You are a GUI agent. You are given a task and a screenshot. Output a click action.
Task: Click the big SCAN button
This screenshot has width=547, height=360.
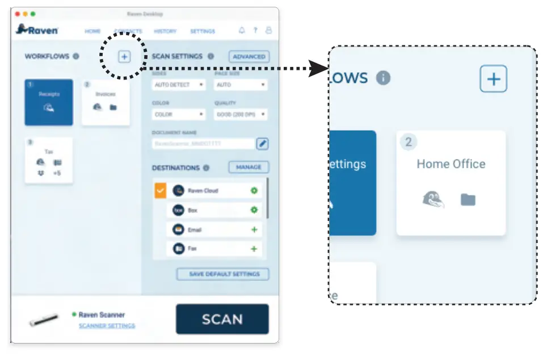222,319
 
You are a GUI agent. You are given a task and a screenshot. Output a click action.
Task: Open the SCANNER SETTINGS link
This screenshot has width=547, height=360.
107,326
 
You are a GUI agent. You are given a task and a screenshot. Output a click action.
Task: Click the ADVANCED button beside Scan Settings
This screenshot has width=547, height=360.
249,57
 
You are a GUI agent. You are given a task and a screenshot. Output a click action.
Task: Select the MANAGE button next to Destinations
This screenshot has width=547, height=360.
249,168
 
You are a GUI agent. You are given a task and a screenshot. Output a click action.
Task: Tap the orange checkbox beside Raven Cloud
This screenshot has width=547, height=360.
160,191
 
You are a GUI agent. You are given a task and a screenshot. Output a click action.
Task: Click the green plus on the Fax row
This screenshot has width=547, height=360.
254,249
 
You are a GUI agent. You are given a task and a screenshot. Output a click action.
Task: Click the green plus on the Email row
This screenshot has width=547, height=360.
254,230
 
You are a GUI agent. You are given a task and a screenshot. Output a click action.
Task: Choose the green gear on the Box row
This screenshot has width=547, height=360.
254,210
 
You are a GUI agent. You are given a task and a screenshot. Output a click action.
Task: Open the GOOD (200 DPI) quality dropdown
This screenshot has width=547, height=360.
241,114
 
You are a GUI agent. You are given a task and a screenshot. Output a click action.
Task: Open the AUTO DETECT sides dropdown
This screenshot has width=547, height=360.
179,85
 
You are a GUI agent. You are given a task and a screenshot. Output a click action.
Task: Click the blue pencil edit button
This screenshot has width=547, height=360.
262,144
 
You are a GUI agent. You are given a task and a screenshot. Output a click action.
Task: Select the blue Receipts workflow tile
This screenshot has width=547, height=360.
49,102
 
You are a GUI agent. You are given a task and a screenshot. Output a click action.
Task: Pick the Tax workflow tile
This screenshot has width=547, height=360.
49,160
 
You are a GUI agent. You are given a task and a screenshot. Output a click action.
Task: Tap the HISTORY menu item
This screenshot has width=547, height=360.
165,31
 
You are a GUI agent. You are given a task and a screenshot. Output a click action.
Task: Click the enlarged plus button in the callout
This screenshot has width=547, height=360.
493,79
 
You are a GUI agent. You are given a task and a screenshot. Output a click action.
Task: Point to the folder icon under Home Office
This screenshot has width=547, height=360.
468,199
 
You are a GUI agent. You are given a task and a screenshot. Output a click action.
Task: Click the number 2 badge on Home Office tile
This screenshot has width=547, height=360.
408,142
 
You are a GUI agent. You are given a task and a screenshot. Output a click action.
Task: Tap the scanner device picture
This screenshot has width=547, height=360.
44,320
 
